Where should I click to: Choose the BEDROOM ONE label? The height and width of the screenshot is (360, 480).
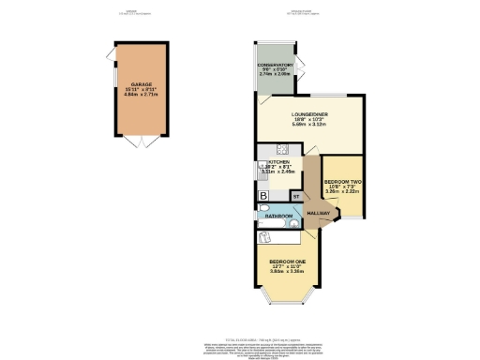click(x=287, y=261)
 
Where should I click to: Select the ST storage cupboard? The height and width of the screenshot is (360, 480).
click(x=295, y=196)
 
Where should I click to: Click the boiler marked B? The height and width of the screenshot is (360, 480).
click(x=264, y=195)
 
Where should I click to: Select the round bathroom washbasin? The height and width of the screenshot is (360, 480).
click(x=293, y=223)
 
